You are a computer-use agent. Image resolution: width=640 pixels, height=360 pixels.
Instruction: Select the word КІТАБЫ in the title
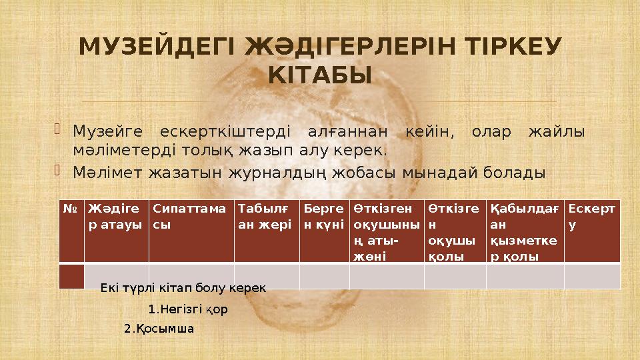coord(320,76)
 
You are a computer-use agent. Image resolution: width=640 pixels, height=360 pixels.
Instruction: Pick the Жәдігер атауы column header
coord(115,216)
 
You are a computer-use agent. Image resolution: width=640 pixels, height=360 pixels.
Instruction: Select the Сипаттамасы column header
coord(189,216)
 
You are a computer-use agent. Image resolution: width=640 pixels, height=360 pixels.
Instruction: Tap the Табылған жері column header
coord(265,216)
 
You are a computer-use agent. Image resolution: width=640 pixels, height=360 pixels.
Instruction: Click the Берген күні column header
coord(323,216)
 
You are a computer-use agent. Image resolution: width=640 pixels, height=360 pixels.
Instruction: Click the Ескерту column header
coord(591,216)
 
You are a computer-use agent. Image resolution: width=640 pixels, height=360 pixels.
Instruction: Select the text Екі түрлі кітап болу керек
coord(183,288)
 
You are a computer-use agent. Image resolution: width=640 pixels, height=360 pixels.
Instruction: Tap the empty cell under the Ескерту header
coord(591,276)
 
